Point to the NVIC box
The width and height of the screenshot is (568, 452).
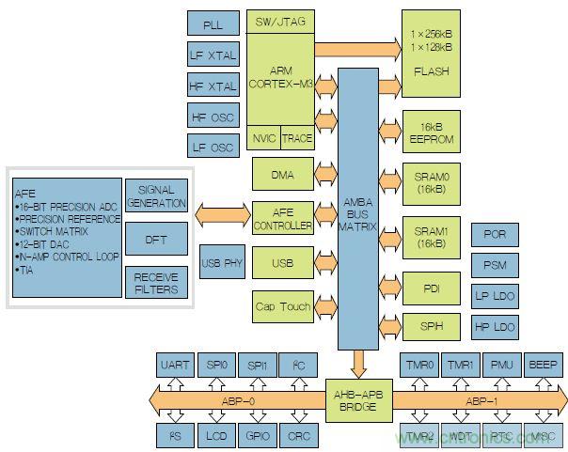(264, 138)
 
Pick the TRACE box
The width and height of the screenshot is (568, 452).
(297, 138)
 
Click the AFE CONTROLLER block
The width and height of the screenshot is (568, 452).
(282, 218)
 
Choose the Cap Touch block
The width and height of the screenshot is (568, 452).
(282, 306)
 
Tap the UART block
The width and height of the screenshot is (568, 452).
(175, 366)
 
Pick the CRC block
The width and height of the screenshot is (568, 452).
(298, 434)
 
